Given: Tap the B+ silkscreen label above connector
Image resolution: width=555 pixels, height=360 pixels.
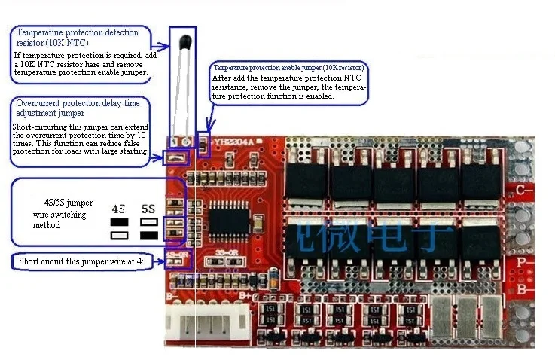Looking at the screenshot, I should pyautogui.click(x=246, y=296).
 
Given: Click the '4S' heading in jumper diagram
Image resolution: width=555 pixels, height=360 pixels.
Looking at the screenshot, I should pyautogui.click(x=118, y=209).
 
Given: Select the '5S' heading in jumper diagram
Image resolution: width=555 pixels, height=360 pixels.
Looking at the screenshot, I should pyautogui.click(x=148, y=209).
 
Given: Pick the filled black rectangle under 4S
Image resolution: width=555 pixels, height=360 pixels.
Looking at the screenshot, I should pyautogui.click(x=119, y=223).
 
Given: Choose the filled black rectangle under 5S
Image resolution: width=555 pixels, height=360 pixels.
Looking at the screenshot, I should pyautogui.click(x=148, y=236).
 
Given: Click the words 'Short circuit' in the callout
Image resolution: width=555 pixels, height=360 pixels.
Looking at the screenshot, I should pyautogui.click(x=42, y=261).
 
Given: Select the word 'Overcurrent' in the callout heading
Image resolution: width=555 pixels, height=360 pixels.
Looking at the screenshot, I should pyautogui.click(x=41, y=102).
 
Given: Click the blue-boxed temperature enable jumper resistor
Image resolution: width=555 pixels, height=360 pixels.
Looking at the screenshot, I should pyautogui.click(x=202, y=140).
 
